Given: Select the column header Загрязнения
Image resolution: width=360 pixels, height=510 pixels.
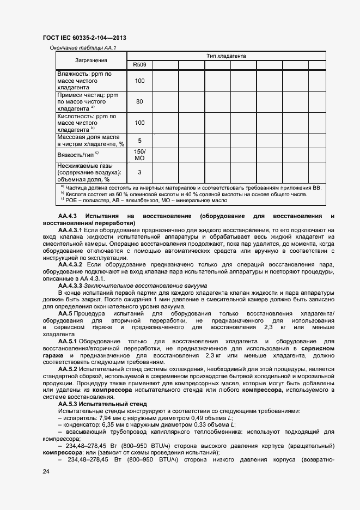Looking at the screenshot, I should coord(91,60).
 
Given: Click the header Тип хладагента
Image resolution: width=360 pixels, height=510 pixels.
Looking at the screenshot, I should coord(226,56).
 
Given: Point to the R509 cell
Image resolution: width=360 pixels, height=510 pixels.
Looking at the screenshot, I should coord(139,65).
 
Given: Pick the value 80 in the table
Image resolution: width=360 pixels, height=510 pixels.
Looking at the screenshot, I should coord(139,102).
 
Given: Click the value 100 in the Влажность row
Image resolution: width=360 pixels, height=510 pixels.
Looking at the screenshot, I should coord(139,81).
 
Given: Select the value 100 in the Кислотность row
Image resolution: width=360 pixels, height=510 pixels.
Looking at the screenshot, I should coord(139,123).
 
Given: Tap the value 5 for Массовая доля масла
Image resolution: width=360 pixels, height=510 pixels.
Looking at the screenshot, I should coord(139,141).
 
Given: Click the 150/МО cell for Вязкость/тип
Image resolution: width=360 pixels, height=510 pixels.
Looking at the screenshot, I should coord(139,154).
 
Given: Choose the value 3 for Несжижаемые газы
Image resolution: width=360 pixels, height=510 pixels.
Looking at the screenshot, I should coord(139,172).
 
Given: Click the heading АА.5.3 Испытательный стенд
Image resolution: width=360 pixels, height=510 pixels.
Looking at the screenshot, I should coord(102,404).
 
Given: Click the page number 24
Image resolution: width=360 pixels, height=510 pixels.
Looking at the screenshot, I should coord(46,471).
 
